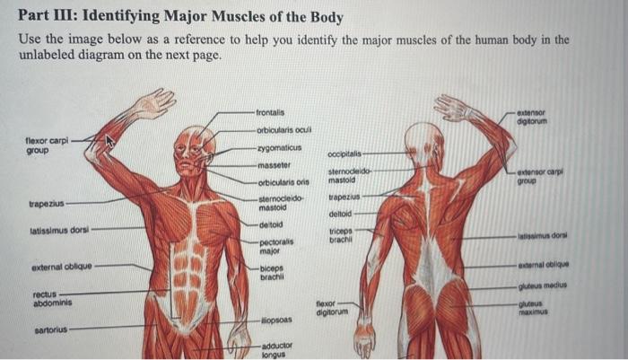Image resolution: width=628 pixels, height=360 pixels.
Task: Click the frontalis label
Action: pos(269,112)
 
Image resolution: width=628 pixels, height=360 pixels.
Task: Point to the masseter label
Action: pos(274,165)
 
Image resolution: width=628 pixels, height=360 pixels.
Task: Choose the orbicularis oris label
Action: pos(283,182)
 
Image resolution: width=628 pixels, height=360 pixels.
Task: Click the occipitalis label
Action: pos(345,154)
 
